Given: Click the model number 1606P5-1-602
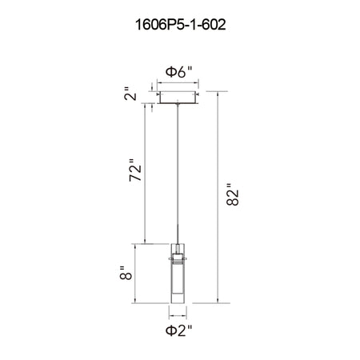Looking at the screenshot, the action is point(181,25).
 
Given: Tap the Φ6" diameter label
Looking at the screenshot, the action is point(178,72).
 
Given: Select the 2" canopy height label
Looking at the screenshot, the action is point(130,94).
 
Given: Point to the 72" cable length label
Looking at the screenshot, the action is point(135,170).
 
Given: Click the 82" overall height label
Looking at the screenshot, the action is point(233,194).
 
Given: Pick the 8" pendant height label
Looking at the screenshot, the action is point(126,273).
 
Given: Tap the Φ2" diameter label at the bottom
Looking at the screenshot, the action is point(178,330).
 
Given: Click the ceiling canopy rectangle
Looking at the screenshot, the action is point(178,98).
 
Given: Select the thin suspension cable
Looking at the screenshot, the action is point(178,174).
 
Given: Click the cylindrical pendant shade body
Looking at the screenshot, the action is point(178,274).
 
